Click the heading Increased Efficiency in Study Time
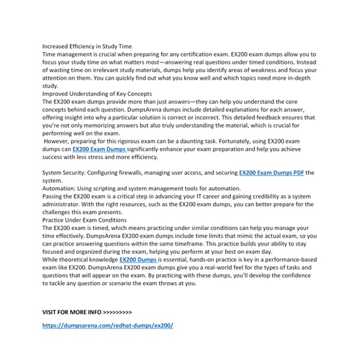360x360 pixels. (88, 46)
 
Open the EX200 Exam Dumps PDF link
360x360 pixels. (272, 173)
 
